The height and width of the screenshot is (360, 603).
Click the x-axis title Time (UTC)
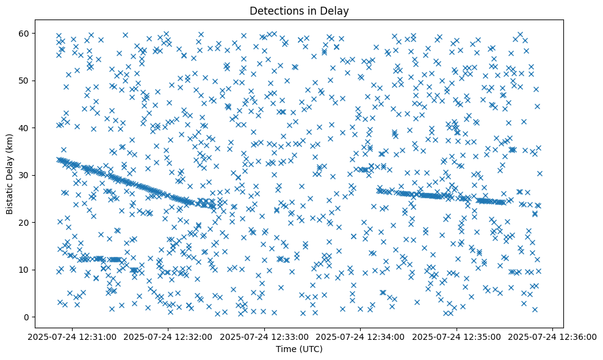pos(298,349)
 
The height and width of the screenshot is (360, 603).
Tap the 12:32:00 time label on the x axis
pos(168,337)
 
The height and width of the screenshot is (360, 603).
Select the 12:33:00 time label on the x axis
pos(265,337)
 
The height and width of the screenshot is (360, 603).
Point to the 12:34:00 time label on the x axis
pos(361,337)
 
